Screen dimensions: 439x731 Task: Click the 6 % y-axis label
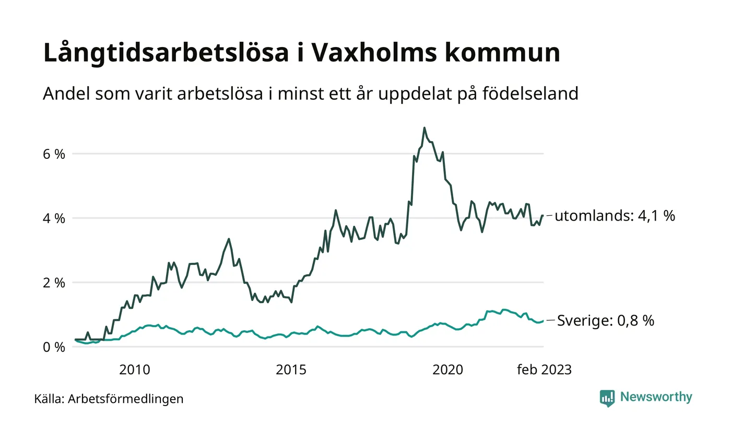pyautogui.click(x=54, y=154)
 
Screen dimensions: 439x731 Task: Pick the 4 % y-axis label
pyautogui.click(x=54, y=218)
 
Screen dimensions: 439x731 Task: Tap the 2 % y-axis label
pyautogui.click(x=54, y=283)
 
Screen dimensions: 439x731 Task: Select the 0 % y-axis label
pyautogui.click(x=54, y=347)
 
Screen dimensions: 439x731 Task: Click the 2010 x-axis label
pyautogui.click(x=134, y=370)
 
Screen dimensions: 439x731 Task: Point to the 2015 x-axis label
pyautogui.click(x=291, y=370)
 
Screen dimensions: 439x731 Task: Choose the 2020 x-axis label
pyautogui.click(x=447, y=370)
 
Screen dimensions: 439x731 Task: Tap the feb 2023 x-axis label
pyautogui.click(x=544, y=370)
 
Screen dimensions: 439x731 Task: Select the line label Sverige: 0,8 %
pyautogui.click(x=606, y=320)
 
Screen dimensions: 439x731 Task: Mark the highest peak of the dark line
pyautogui.click(x=425, y=128)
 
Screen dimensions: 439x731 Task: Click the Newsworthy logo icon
pyautogui.click(x=607, y=398)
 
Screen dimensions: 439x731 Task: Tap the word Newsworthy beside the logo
pyautogui.click(x=656, y=397)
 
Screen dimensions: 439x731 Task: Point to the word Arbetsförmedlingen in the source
pyautogui.click(x=126, y=399)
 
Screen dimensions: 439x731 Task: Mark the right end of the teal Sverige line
pyautogui.click(x=543, y=321)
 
